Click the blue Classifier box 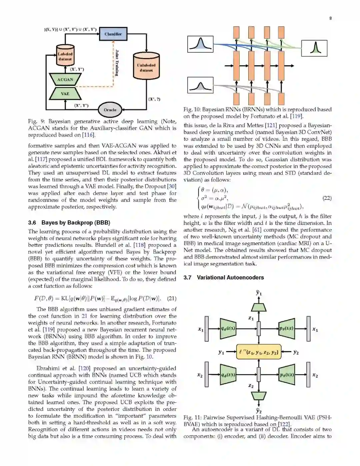[x=113, y=34]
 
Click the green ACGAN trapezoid [x=65, y=79]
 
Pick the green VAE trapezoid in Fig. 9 [x=65, y=94]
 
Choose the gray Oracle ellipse [x=110, y=110]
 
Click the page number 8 [x=330, y=18]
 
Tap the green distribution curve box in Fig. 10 [x=314, y=48]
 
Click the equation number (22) [x=327, y=198]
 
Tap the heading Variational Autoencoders [x=230, y=278]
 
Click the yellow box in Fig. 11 [x=258, y=352]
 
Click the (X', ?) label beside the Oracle [x=154, y=99]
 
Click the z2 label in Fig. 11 [x=251, y=386]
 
